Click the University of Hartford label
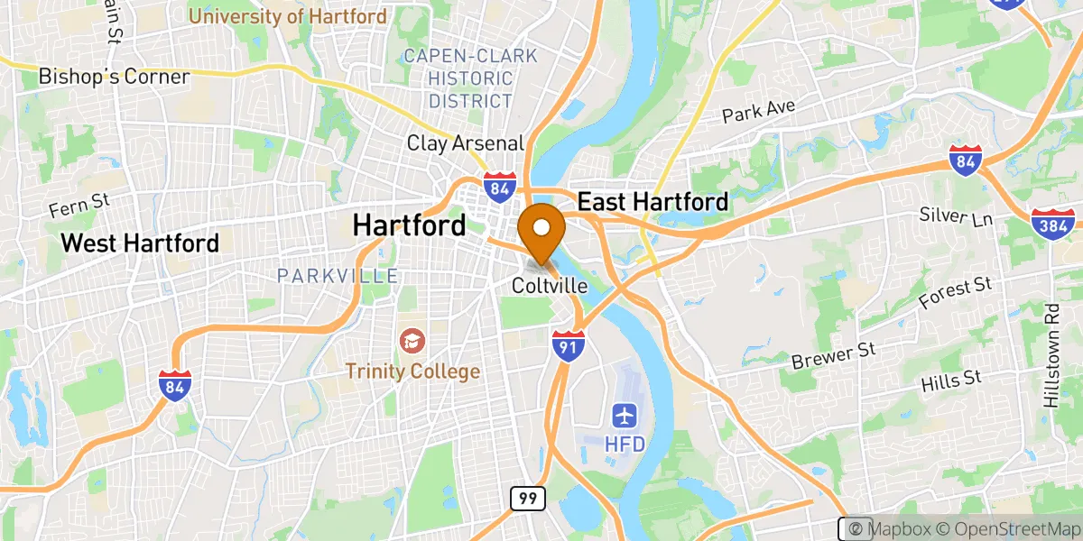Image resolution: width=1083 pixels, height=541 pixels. tap(288, 16)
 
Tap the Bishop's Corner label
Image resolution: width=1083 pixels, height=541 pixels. tap(114, 77)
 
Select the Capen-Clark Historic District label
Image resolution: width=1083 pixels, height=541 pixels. tap(470, 78)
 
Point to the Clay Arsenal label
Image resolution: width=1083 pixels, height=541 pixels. tap(465, 142)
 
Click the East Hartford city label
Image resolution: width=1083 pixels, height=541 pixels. tap(653, 201)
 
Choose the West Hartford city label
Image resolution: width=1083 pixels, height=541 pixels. tap(140, 243)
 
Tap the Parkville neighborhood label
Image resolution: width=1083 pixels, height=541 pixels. tap(337, 275)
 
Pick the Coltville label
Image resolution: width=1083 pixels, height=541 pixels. tap(550, 286)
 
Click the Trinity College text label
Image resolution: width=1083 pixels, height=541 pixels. tap(412, 371)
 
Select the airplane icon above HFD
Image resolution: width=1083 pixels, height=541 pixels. tap(624, 415)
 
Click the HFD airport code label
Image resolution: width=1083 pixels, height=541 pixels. tap(624, 444)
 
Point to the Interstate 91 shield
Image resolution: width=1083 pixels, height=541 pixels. tap(569, 345)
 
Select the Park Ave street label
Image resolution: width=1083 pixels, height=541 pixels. tap(759, 112)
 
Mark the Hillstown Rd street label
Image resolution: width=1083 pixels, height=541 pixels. tap(1052, 354)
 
